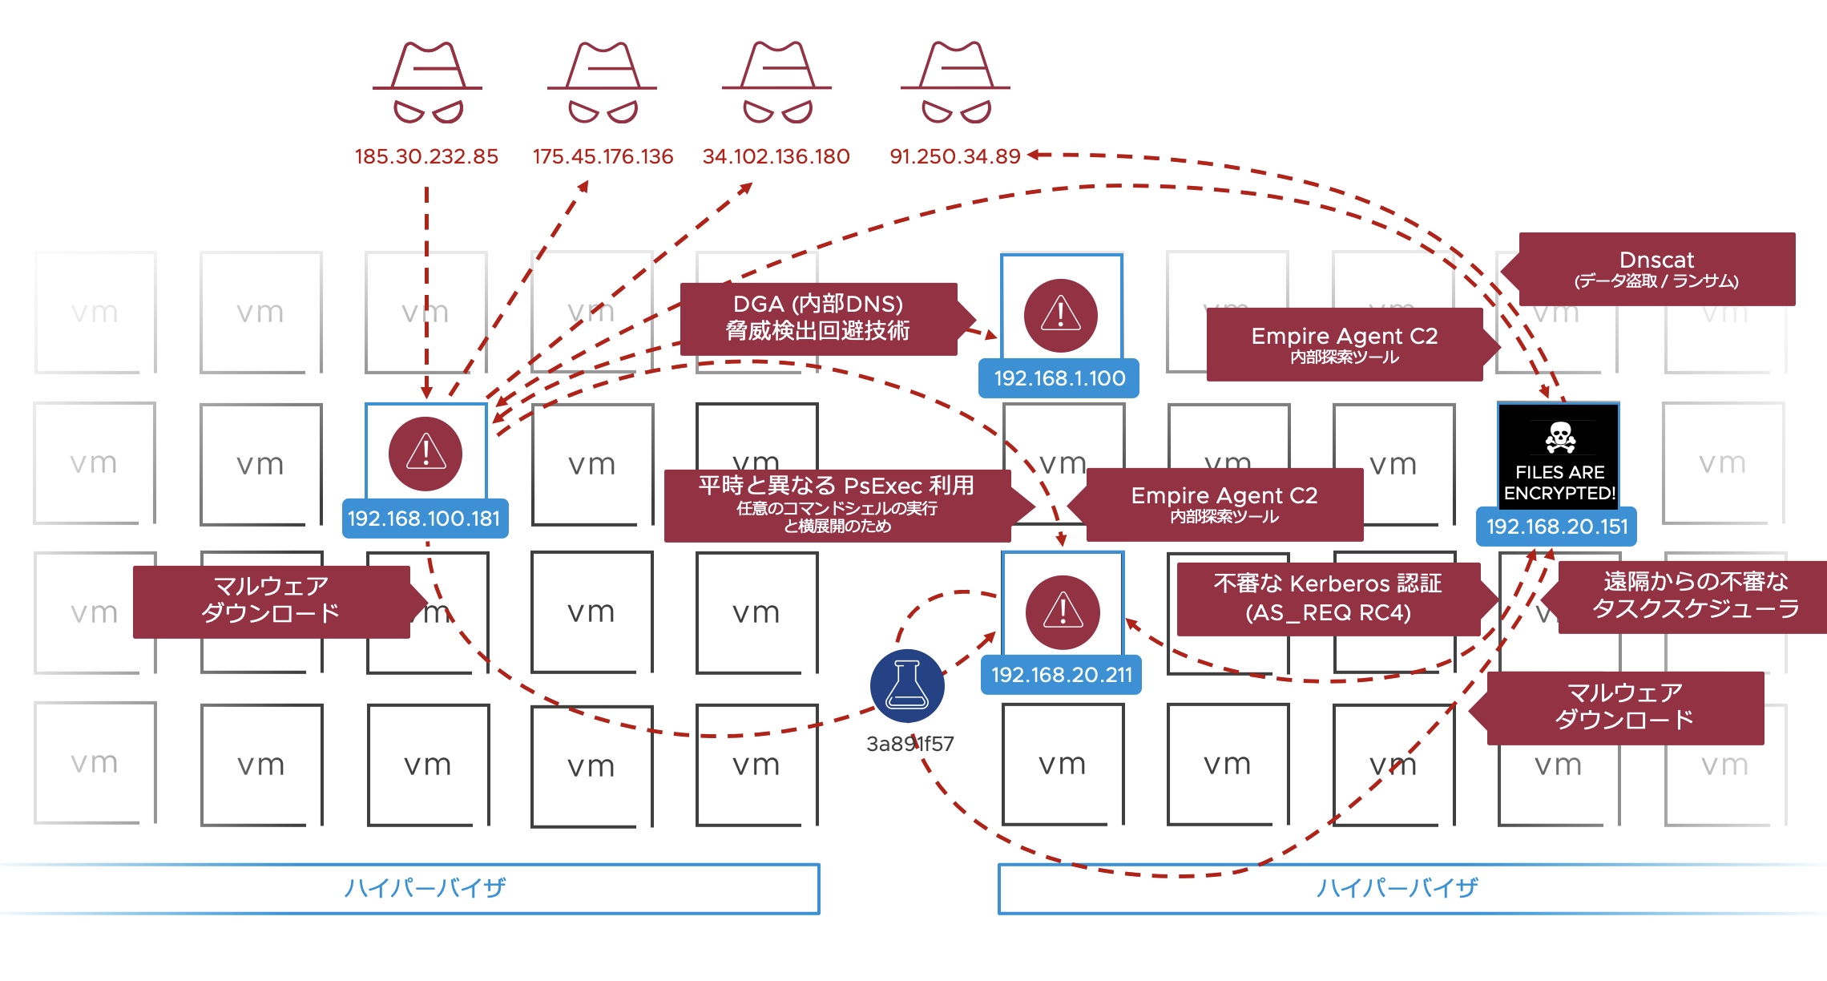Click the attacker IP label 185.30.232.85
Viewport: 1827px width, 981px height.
pos(426,156)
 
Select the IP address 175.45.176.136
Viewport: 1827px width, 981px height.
pos(603,156)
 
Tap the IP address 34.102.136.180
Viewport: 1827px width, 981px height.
pos(776,156)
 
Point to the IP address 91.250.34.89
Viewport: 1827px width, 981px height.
pos(955,156)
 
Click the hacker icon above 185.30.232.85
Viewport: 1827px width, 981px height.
pos(427,83)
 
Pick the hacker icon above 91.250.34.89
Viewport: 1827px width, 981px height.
pos(955,83)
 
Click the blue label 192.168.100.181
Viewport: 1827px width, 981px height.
pos(424,519)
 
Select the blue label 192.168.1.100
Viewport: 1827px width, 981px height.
pos(1059,378)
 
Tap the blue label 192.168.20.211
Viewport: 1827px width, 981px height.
pos(1062,675)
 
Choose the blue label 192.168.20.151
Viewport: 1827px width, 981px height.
pos(1557,527)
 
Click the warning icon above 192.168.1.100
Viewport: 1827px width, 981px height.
pos(1061,315)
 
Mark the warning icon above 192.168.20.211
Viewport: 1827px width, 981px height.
pos(1063,612)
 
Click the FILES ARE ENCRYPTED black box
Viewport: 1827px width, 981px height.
pos(1559,457)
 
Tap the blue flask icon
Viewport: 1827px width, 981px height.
pos(907,686)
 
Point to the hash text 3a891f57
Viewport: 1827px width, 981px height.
pos(909,744)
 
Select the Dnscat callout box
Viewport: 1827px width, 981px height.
pos(1656,269)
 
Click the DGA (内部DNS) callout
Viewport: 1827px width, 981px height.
pos(818,318)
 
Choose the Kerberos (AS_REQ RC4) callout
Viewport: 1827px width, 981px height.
pos(1328,598)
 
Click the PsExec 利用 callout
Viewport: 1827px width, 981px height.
pos(837,505)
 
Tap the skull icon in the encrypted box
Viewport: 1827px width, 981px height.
pos(1560,437)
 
